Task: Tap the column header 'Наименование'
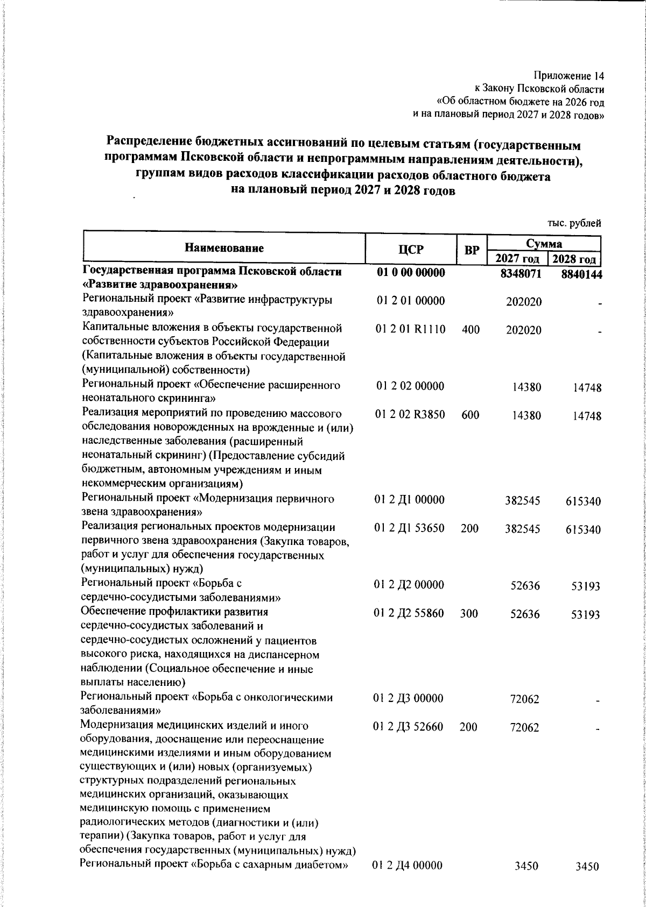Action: pyautogui.click(x=224, y=248)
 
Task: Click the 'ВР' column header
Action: pyautogui.click(x=472, y=250)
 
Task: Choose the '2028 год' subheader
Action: pyautogui.click(x=574, y=259)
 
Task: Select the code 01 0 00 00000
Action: pyautogui.click(x=411, y=273)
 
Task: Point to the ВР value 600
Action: pyautogui.click(x=471, y=415)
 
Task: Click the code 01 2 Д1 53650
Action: pyautogui.click(x=410, y=528)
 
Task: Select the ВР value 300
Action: pyautogui.click(x=469, y=613)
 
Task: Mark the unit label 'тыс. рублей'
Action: pyautogui.click(x=574, y=223)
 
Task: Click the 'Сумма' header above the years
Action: pyautogui.click(x=544, y=244)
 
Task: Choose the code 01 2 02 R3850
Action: pyautogui.click(x=410, y=415)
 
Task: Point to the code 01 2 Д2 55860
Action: pyautogui.click(x=409, y=613)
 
